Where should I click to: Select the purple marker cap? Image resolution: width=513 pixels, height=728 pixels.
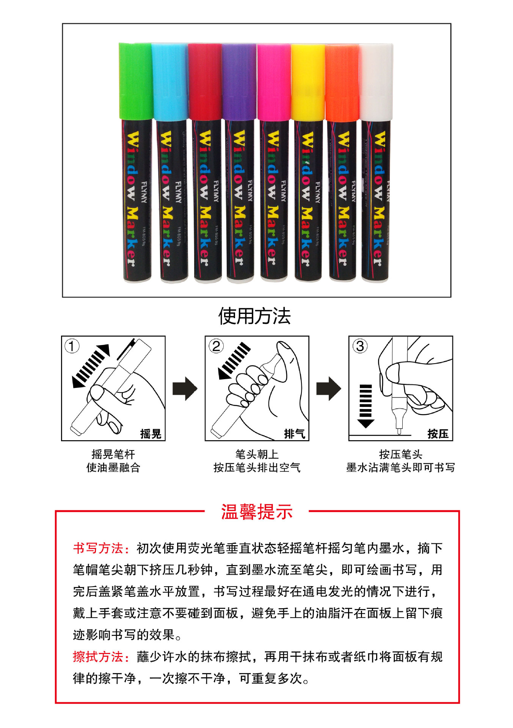click(x=239, y=82)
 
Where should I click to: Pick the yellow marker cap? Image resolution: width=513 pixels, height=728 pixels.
click(x=307, y=82)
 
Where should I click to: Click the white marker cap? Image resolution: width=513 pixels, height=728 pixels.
click(x=376, y=82)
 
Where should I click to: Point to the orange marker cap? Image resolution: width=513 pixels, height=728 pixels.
click(x=342, y=82)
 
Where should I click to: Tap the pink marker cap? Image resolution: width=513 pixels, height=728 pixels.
click(x=274, y=82)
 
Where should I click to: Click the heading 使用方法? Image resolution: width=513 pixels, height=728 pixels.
click(x=254, y=316)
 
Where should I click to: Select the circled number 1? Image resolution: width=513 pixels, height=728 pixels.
click(x=72, y=346)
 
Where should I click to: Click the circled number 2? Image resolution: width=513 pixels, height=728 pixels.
click(x=216, y=346)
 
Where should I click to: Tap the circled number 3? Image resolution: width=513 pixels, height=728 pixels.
click(x=360, y=346)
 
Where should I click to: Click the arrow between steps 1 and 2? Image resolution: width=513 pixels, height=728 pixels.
click(x=185, y=388)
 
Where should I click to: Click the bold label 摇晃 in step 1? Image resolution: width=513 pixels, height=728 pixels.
click(x=151, y=433)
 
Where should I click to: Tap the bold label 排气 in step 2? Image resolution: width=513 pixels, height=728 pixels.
click(x=294, y=433)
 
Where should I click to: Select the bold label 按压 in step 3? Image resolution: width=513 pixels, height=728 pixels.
click(x=438, y=433)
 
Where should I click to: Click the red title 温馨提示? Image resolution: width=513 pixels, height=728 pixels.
click(x=257, y=512)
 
